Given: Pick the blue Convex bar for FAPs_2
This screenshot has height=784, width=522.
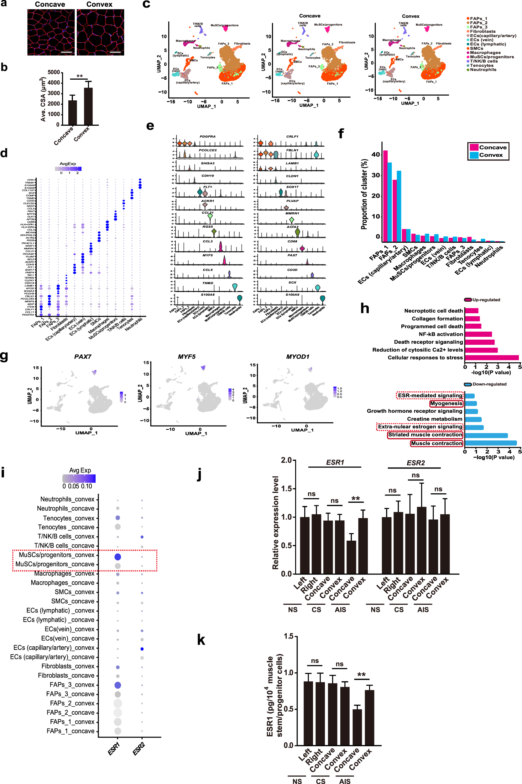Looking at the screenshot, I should click(399, 206).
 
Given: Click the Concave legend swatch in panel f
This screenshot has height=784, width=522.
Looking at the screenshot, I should click(474, 147).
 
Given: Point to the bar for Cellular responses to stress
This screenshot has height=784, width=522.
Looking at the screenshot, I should click(491, 358).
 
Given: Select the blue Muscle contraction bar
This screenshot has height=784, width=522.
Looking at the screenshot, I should click(490, 443).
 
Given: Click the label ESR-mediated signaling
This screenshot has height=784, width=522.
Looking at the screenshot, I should click(430, 395).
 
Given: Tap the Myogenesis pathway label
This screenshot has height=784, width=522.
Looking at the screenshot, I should click(446, 404).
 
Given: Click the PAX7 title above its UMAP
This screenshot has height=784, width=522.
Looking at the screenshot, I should click(83, 357).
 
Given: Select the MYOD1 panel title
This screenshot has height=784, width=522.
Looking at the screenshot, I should click(298, 357).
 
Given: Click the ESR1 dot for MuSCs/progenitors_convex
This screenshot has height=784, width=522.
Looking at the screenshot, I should click(117, 557).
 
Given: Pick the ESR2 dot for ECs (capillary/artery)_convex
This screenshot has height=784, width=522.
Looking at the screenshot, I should click(142, 649).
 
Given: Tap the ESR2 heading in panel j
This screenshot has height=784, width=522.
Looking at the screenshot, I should click(415, 463).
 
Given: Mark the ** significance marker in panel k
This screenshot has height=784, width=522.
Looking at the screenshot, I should click(361, 675).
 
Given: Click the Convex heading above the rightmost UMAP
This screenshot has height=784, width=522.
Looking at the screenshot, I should click(410, 16).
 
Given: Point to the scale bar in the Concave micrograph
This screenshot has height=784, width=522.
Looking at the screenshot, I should click(66, 52).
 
